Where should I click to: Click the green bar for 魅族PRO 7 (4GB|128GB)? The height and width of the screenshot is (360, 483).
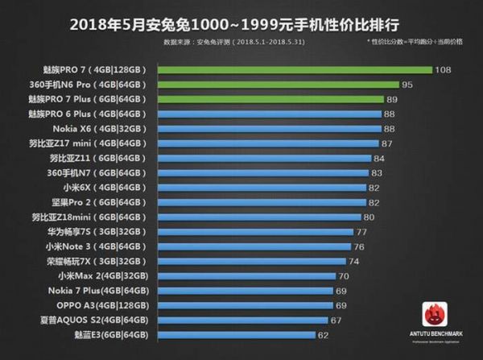(295, 70)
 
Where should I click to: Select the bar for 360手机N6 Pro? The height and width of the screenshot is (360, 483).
(279, 85)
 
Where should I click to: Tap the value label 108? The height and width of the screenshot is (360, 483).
(442, 70)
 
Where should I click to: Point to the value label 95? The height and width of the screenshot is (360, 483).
(408, 85)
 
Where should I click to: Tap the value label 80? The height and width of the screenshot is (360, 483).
(369, 217)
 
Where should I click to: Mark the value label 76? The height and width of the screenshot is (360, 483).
(359, 246)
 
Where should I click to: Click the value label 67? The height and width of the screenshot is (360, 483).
(336, 321)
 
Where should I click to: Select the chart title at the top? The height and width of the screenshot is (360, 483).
(241, 21)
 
